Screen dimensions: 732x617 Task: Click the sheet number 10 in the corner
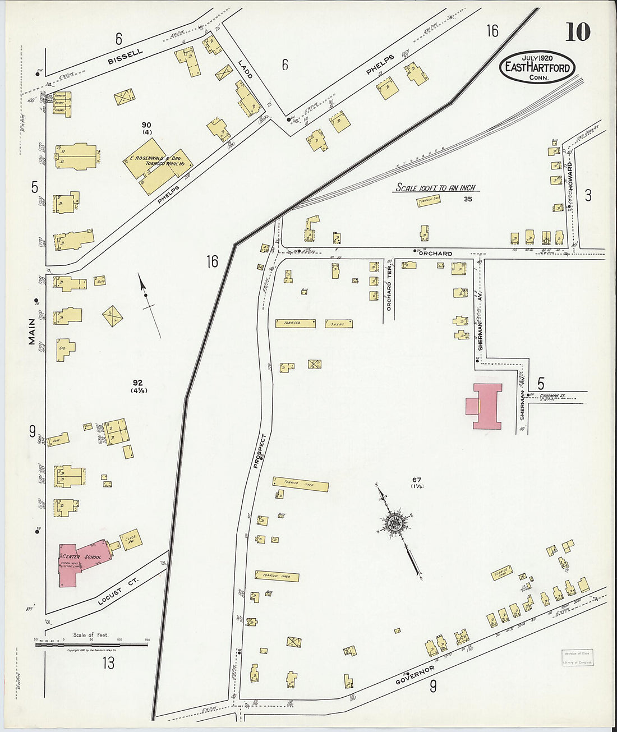click(x=577, y=32)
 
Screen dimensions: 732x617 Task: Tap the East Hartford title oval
click(x=537, y=67)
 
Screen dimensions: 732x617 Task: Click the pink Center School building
click(x=79, y=561)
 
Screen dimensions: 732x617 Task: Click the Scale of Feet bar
click(x=91, y=645)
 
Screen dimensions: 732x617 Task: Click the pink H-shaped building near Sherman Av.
click(x=485, y=407)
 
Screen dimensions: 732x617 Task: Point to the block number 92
click(x=138, y=383)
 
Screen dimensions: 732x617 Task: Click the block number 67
click(x=416, y=480)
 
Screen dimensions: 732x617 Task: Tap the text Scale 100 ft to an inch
click(x=436, y=188)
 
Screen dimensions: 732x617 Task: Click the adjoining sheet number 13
click(x=108, y=664)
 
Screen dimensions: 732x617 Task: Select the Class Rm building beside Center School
click(x=131, y=539)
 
